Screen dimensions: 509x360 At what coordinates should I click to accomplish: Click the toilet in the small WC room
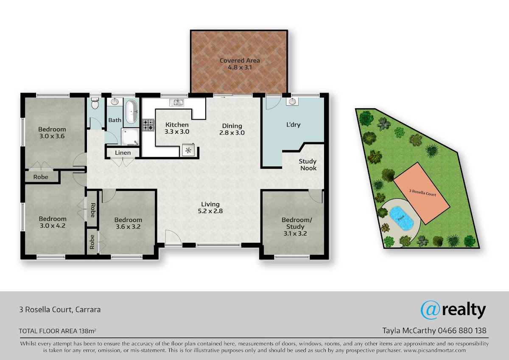pyautogui.click(x=95, y=104)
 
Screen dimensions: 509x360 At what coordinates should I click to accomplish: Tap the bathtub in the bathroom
pyautogui.click(x=131, y=111)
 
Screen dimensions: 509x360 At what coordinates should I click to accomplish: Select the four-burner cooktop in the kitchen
pyautogui.click(x=148, y=125)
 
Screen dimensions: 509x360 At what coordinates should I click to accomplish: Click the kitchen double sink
pyautogui.click(x=176, y=103)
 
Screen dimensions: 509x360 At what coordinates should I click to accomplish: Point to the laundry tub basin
pyautogui.click(x=292, y=101)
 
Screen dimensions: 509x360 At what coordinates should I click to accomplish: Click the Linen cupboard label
pyautogui.click(x=123, y=153)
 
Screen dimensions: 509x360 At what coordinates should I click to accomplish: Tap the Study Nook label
pyautogui.click(x=308, y=165)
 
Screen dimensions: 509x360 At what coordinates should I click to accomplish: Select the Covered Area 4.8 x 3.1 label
pyautogui.click(x=240, y=64)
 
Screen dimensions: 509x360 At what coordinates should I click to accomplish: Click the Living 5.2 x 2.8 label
pyautogui.click(x=210, y=208)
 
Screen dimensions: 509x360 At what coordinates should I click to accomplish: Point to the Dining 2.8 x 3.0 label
pyautogui.click(x=232, y=129)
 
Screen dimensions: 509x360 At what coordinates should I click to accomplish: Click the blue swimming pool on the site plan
pyautogui.click(x=402, y=218)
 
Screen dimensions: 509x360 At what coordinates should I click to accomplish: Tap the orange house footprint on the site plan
pyautogui.click(x=422, y=193)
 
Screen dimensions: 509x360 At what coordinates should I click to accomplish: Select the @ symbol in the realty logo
pyautogui.click(x=430, y=310)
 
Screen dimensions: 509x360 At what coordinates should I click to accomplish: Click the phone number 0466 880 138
pyautogui.click(x=462, y=331)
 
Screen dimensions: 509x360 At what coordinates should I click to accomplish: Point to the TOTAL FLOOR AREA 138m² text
pyautogui.click(x=58, y=331)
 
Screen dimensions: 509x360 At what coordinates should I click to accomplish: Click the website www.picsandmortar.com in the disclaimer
pyautogui.click(x=435, y=351)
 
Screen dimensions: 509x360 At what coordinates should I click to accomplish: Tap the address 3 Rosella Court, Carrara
pyautogui.click(x=60, y=310)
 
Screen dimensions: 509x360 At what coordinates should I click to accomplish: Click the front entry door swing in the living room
pyautogui.click(x=173, y=238)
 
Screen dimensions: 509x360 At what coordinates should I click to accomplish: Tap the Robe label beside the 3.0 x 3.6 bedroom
pyautogui.click(x=41, y=177)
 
